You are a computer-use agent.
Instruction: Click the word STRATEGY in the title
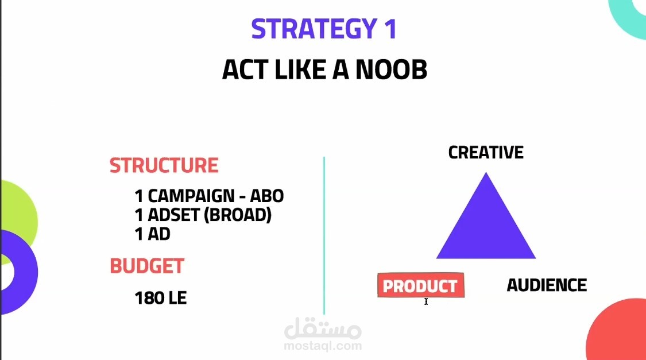click(314, 29)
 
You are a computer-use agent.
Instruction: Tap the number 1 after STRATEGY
click(390, 29)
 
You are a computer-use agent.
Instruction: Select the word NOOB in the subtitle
click(392, 69)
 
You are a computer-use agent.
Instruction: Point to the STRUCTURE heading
click(164, 165)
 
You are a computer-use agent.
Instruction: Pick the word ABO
click(267, 196)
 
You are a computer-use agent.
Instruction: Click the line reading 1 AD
click(152, 234)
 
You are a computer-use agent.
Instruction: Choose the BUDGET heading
click(147, 266)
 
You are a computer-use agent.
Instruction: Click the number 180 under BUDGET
click(149, 298)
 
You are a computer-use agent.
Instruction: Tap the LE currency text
click(177, 298)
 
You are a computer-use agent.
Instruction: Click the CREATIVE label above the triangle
click(486, 152)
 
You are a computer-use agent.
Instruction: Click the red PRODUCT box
click(421, 285)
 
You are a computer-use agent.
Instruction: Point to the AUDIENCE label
click(547, 285)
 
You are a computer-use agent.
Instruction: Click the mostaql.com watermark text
click(323, 346)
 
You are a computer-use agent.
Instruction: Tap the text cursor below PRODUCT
click(426, 301)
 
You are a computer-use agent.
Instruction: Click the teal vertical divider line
click(324, 235)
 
